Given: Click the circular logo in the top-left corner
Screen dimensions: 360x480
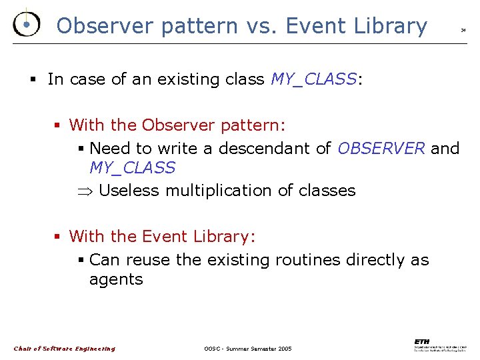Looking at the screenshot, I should pos(25,25).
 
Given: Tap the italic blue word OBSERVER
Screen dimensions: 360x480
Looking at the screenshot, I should pos(381,148).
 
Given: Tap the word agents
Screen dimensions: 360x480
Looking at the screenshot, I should pos(116,279).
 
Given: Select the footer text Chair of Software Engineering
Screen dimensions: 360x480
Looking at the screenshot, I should pos(64,349).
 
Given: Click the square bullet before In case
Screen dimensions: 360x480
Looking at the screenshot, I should pos(33,80).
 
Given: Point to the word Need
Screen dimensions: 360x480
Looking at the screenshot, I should pos(110,148).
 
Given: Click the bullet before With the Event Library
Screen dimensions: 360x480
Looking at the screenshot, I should pos(58,237).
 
